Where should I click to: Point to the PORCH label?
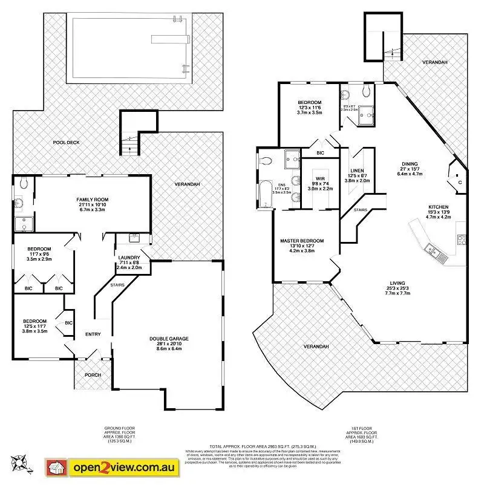click(x=93, y=375)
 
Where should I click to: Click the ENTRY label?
click(x=93, y=334)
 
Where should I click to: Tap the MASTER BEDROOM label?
click(x=301, y=241)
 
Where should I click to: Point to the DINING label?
click(x=410, y=163)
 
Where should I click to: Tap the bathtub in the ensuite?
click(x=264, y=194)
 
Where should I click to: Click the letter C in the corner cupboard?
click(x=460, y=181)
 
